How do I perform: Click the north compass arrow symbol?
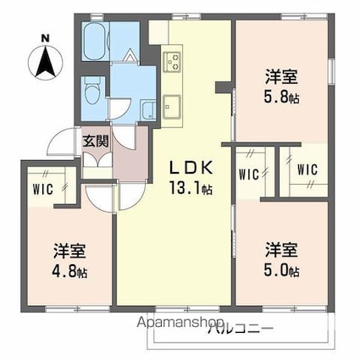[45, 62]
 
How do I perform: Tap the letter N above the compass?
[45, 37]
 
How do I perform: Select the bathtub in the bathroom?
[96, 42]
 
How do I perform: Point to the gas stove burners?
[173, 61]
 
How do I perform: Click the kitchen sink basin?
[172, 107]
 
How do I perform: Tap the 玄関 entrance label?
[96, 141]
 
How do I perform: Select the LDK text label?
[191, 169]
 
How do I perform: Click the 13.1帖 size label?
[191, 188]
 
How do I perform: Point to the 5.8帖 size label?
[281, 97]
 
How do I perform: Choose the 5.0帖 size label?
[281, 271]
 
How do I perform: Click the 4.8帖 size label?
[69, 272]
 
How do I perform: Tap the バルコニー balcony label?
[241, 329]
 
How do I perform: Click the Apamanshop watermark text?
[180, 322]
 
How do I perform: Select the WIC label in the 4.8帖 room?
[43, 190]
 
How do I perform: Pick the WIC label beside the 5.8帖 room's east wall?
[307, 169]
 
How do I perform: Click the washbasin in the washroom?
[148, 110]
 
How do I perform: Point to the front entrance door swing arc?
[59, 141]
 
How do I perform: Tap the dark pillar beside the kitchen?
[224, 87]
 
